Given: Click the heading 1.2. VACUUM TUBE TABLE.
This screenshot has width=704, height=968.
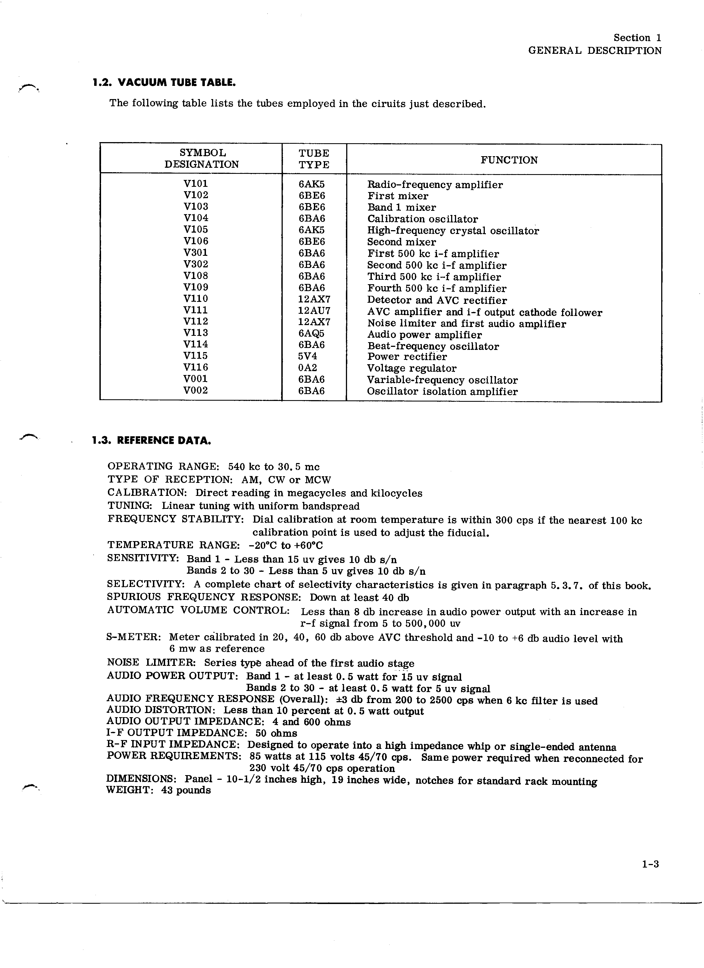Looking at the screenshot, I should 164,83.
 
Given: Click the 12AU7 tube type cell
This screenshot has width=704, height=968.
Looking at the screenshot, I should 314,310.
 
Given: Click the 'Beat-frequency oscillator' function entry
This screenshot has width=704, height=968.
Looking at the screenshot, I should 433,346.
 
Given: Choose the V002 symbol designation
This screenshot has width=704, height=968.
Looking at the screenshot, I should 195,390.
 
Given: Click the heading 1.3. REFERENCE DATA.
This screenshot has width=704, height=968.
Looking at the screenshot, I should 152,440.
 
